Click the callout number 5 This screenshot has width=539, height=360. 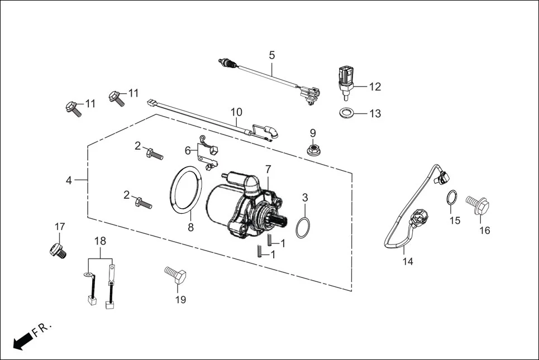point(272,55)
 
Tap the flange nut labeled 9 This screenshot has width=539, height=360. point(313,149)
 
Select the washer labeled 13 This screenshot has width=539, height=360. point(347,113)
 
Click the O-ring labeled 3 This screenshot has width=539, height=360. point(302,228)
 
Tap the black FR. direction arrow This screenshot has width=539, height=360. point(21,341)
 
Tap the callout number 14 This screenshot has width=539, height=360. point(408,261)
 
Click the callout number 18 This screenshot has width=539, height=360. point(100,241)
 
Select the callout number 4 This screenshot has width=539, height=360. point(69,180)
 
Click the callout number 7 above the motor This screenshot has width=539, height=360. point(268,168)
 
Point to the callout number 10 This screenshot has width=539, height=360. point(236,112)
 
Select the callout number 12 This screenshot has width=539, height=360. point(375,87)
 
